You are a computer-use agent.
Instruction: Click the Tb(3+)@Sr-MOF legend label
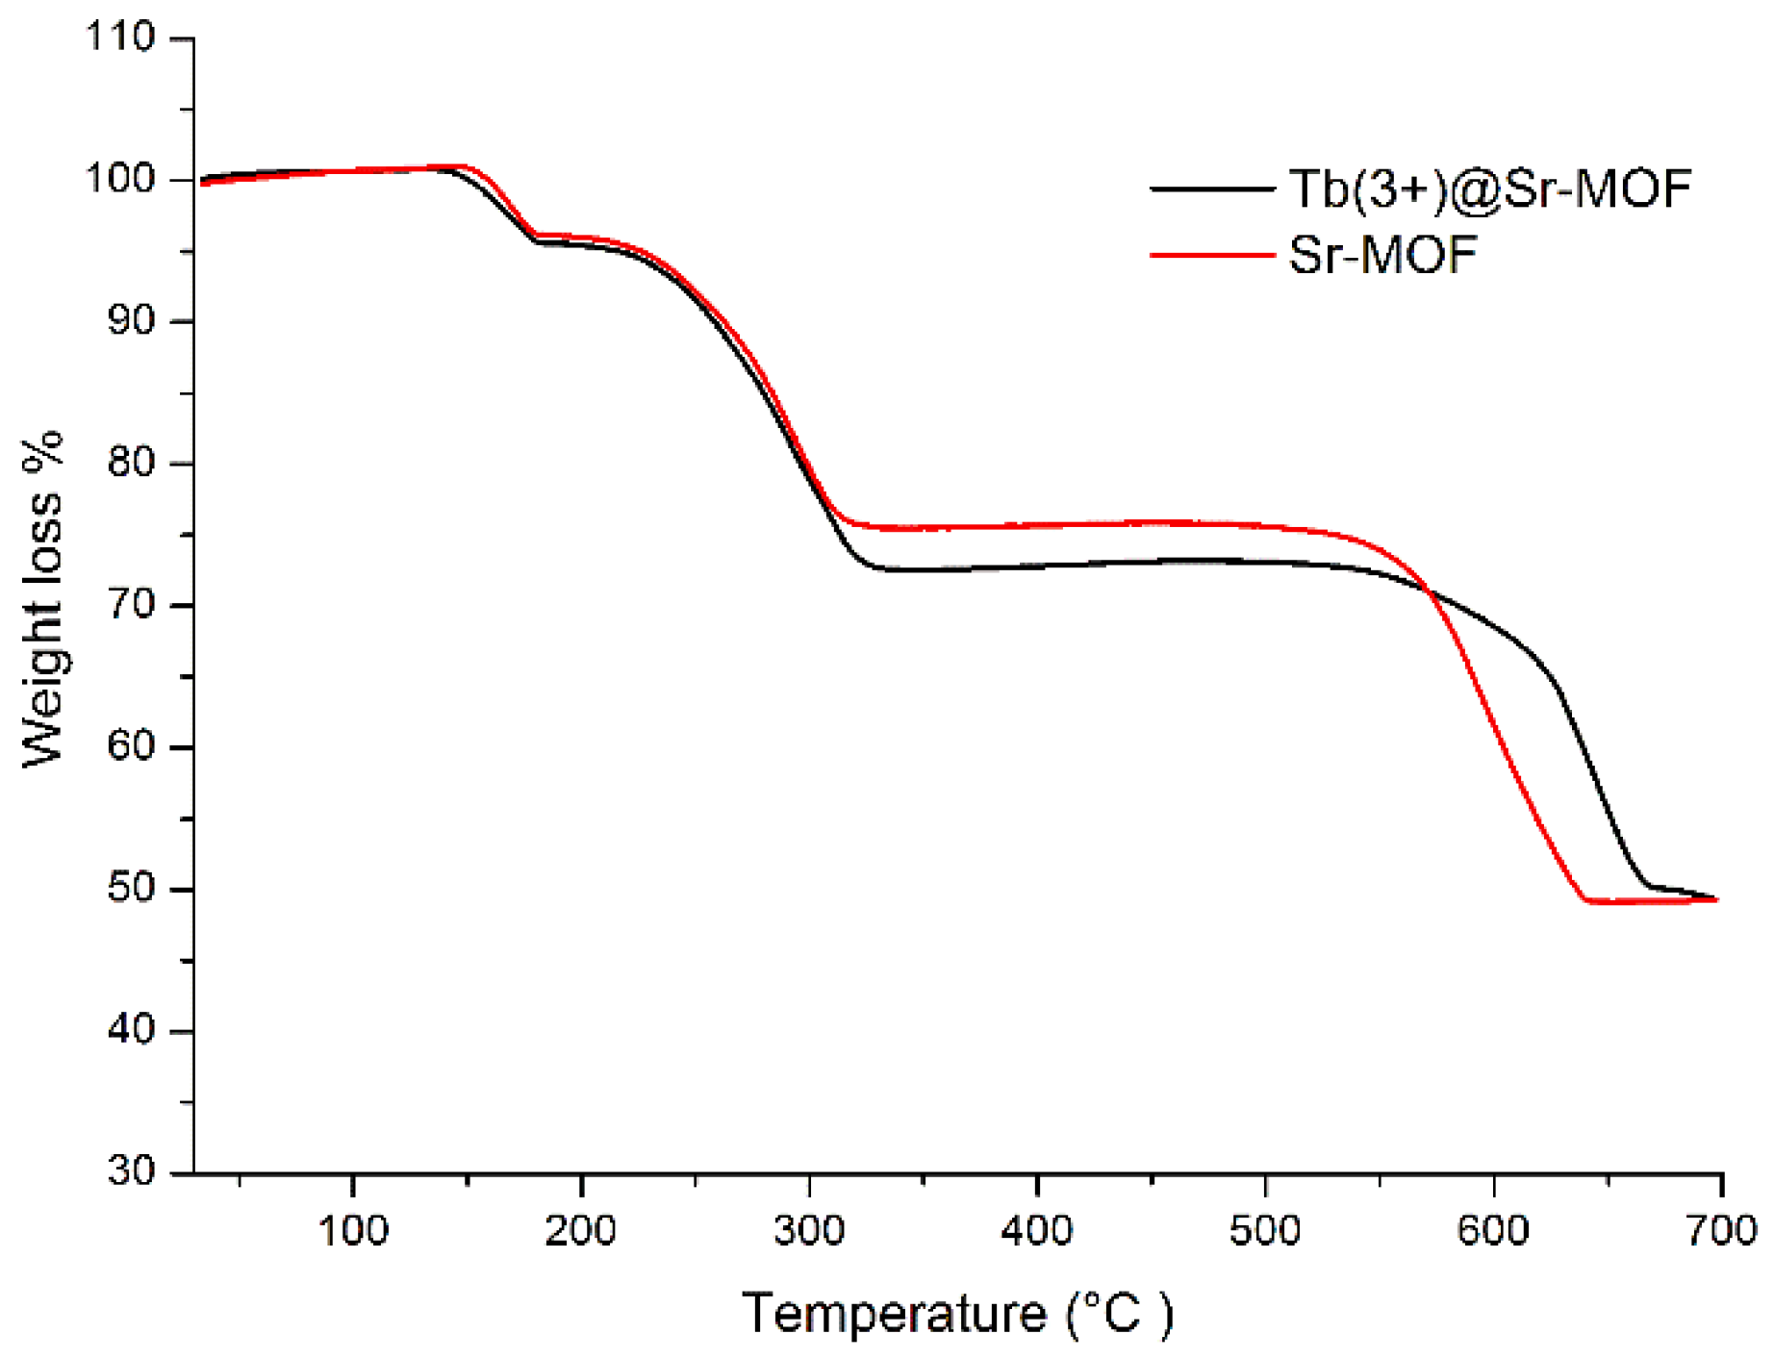pyautogui.click(x=1489, y=189)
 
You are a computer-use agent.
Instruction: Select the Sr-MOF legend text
pyautogui.click(x=1382, y=256)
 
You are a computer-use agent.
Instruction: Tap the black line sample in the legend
pyautogui.click(x=1212, y=189)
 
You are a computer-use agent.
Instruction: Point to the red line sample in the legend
pyautogui.click(x=1212, y=256)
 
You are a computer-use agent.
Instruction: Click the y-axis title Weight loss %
pyautogui.click(x=42, y=598)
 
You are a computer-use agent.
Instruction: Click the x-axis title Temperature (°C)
pyautogui.click(x=957, y=1313)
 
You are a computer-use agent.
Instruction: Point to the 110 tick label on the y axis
pyautogui.click(x=120, y=38)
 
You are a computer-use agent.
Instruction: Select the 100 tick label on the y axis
pyautogui.click(x=120, y=179)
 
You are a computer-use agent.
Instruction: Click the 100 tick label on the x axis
pyautogui.click(x=353, y=1231)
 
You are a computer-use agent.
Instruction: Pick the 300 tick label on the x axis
pyautogui.click(x=809, y=1231)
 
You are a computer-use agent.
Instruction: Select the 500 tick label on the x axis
pyautogui.click(x=1265, y=1231)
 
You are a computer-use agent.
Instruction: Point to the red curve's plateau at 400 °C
pyautogui.click(x=1037, y=525)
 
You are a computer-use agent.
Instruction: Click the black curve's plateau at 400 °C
pyautogui.click(x=1037, y=566)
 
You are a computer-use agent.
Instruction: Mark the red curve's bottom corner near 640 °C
pyautogui.click(x=1585, y=900)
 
